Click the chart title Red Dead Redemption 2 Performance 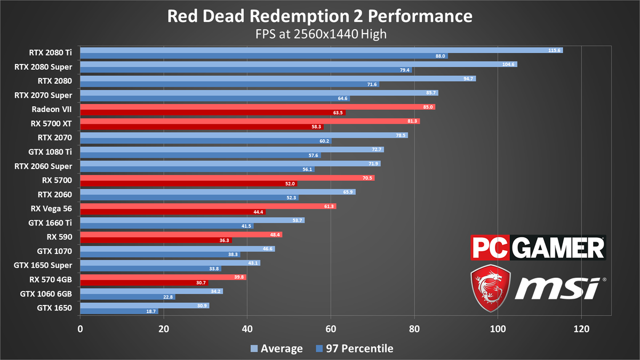click(320, 15)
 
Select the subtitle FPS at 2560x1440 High click(320, 34)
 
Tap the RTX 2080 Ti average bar click(320, 50)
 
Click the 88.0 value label click(440, 56)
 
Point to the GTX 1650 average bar click(144, 305)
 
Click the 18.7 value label click(151, 311)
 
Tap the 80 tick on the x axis click(414, 329)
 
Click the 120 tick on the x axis click(581, 329)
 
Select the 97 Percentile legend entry click(354, 349)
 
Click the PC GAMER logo click(538, 247)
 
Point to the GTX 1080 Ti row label click(51, 151)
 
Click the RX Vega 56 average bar click(208, 206)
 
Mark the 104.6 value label click(509, 64)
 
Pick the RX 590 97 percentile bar click(156, 241)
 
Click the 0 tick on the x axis click(80, 329)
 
